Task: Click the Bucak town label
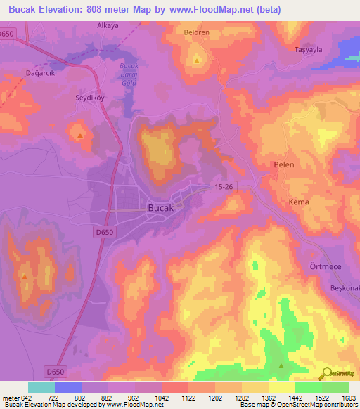point(161,208)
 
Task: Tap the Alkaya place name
point(110,25)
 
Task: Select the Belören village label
point(197,33)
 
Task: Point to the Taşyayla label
point(307,51)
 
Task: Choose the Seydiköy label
point(90,98)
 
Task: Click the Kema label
point(299,202)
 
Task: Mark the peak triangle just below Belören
point(197,60)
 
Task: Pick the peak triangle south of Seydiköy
point(82,135)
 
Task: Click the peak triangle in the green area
point(281,365)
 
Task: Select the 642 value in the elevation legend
point(27,397)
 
